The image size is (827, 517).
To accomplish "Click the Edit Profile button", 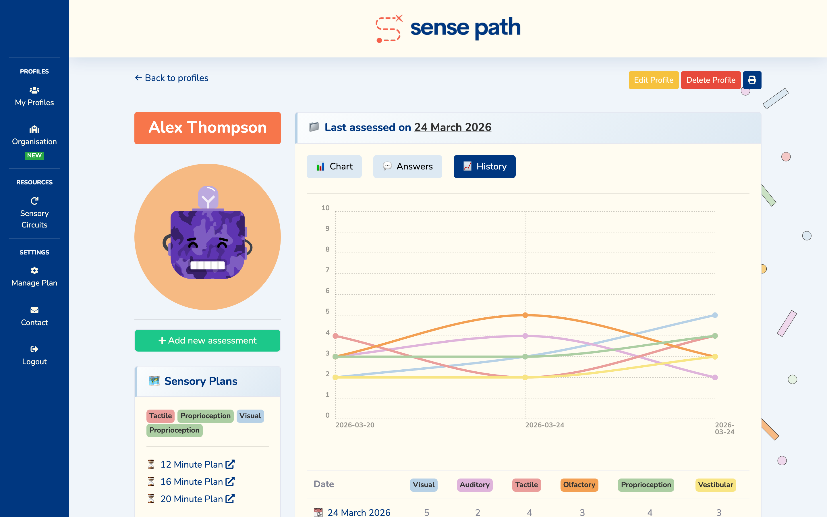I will click(653, 80).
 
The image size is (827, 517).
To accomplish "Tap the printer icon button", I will click(752, 80).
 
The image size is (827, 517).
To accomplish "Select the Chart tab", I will click(334, 167).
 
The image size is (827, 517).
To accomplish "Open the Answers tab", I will click(407, 167).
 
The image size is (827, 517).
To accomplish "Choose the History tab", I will click(484, 167).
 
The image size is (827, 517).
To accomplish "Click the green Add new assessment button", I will click(207, 341).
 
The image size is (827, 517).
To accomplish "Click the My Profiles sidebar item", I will click(34, 97).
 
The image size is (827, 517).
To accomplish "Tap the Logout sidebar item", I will click(34, 356).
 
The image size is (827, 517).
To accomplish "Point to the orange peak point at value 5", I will click(525, 315).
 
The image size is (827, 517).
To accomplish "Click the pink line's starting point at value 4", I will click(335, 336).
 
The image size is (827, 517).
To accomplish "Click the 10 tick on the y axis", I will click(325, 208).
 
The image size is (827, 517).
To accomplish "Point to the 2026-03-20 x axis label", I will click(355, 425).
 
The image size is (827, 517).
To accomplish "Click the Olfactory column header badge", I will click(579, 485).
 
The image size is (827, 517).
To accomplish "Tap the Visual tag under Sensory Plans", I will click(250, 416).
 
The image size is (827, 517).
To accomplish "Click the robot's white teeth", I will click(207, 265).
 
